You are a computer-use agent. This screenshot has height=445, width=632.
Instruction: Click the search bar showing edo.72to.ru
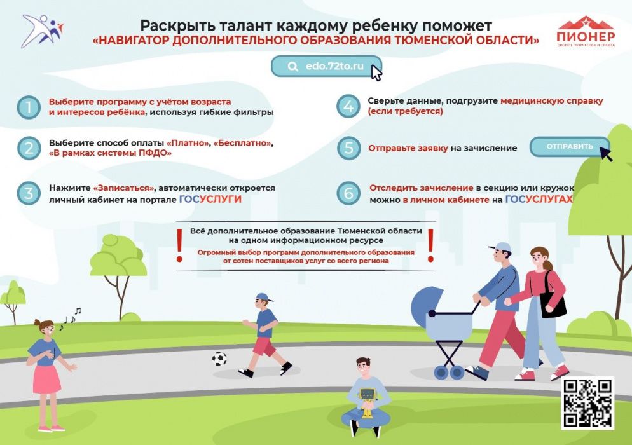[326, 66]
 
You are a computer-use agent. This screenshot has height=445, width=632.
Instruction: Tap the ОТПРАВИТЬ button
[570, 147]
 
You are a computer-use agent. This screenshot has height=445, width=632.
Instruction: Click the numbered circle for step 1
[29, 107]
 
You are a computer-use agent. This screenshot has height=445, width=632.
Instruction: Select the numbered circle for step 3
[29, 193]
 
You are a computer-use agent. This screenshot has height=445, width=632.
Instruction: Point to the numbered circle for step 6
[348, 193]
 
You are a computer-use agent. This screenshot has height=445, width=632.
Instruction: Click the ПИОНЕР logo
[586, 32]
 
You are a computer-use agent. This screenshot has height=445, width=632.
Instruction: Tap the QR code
[587, 403]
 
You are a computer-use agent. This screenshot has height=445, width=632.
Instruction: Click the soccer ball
[219, 359]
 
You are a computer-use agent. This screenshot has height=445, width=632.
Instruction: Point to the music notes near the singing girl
[71, 318]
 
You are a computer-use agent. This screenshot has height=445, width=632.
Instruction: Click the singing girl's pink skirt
[46, 379]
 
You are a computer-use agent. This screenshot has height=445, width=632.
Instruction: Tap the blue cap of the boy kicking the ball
[264, 298]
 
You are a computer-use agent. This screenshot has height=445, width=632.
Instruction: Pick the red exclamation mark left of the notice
[180, 245]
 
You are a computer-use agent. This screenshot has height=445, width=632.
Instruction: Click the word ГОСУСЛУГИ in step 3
[210, 199]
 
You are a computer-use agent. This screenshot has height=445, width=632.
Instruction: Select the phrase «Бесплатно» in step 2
[242, 143]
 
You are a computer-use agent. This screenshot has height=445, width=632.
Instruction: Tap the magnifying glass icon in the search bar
[293, 67]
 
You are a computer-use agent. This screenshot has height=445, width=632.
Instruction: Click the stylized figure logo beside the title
[43, 31]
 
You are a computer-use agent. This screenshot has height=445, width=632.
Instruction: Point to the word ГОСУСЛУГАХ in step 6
[539, 199]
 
